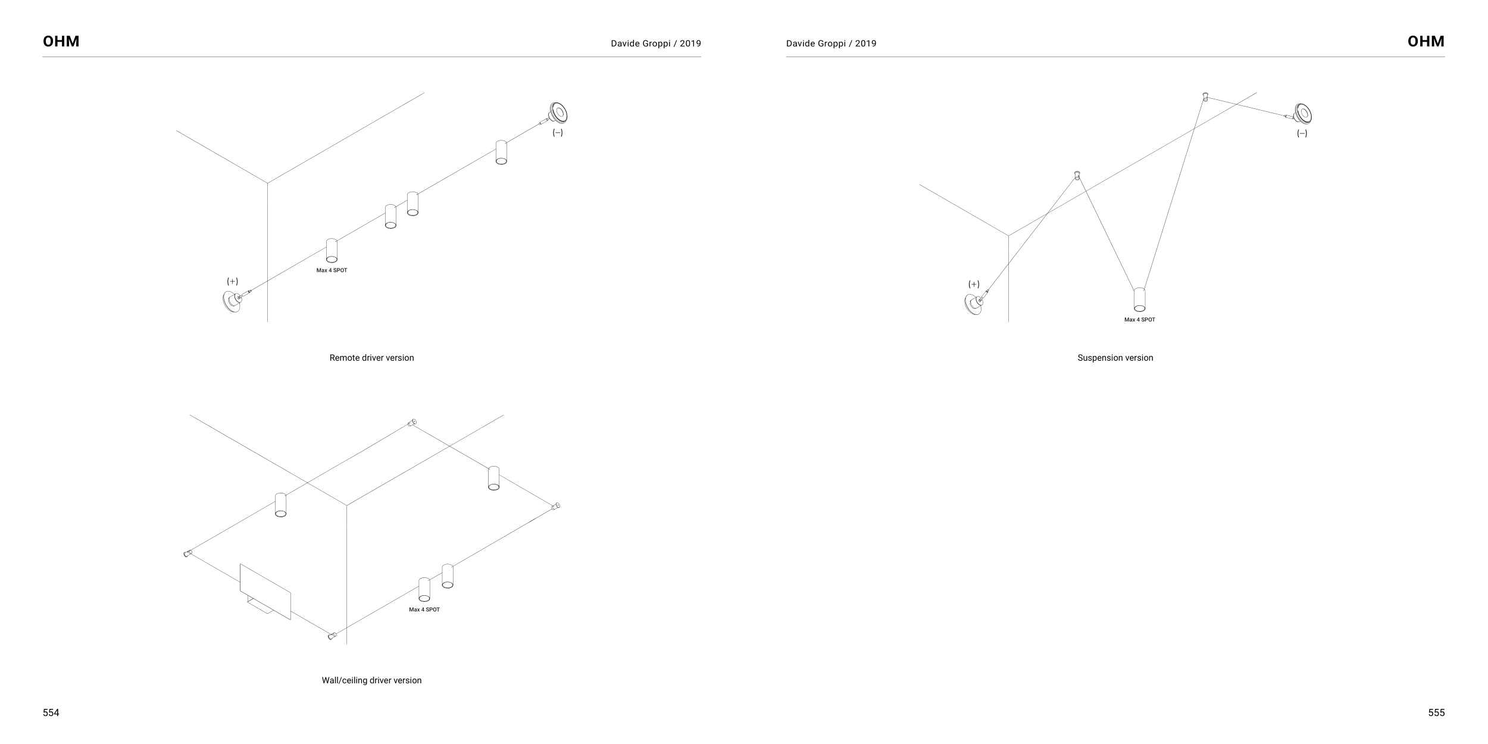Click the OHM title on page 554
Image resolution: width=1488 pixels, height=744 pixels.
coord(61,42)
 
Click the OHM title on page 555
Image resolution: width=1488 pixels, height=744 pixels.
coord(1426,42)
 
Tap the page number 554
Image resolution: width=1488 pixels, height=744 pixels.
coord(51,712)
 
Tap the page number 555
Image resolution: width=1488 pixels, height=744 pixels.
coord(1436,712)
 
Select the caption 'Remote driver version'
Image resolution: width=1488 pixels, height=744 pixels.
coord(371,358)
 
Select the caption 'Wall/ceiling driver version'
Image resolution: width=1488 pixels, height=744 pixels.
coord(371,680)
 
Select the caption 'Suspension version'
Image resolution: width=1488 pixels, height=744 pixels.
coord(1115,358)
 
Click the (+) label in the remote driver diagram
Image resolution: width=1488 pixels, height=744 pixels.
coord(232,281)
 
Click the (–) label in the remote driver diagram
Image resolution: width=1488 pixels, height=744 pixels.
coord(558,133)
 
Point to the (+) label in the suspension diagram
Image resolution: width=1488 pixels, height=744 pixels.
coord(974,284)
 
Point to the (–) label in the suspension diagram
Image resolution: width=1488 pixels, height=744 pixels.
coord(1302,133)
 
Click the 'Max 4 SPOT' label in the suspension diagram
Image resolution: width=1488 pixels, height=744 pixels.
coord(1139,320)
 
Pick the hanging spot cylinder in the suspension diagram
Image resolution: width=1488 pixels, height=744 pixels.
coord(1139,299)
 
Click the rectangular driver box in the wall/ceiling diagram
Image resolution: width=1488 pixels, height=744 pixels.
coord(265,591)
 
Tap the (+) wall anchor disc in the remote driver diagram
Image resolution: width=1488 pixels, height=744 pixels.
coord(231,301)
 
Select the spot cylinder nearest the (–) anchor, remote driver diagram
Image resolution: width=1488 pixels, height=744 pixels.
coord(501,152)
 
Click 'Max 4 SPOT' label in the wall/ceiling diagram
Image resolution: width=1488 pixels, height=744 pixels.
coord(424,609)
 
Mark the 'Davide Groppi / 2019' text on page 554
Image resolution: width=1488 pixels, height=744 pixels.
coord(655,43)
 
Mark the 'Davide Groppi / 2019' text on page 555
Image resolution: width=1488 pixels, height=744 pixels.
coord(831,43)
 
